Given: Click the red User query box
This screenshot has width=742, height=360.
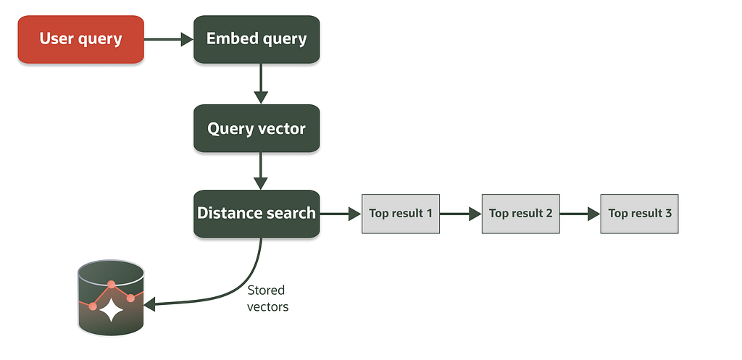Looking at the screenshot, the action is click(x=81, y=39).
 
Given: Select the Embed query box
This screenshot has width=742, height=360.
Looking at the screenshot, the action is click(x=257, y=39).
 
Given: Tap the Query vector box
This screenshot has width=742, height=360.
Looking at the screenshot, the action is click(x=257, y=128).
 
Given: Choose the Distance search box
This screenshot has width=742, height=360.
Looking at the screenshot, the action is click(x=257, y=214).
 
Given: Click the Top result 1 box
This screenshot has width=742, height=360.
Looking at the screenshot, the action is click(x=401, y=214).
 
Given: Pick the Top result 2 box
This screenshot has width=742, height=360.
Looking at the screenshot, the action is click(x=520, y=214).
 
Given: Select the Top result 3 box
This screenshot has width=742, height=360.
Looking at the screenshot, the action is click(x=639, y=214).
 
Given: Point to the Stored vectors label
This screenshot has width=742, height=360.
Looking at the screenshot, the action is click(x=267, y=298).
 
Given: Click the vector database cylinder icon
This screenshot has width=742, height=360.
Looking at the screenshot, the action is click(x=111, y=298).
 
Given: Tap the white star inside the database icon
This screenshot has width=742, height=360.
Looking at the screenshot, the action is click(x=111, y=310).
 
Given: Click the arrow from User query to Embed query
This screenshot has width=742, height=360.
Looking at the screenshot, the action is click(x=168, y=39).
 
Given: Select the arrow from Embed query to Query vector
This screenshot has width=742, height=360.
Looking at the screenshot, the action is click(x=261, y=84).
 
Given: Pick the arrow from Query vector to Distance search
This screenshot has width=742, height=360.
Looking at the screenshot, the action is click(x=261, y=171).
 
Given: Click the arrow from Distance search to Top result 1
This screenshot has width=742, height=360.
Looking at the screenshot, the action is click(x=341, y=214).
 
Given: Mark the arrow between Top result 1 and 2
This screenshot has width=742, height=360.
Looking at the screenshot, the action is click(x=460, y=214).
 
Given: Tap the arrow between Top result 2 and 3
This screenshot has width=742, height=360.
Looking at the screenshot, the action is click(x=580, y=214).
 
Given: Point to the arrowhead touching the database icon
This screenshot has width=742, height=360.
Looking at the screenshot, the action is click(x=149, y=305).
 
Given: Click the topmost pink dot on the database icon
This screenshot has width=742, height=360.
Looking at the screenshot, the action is click(x=111, y=285).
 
